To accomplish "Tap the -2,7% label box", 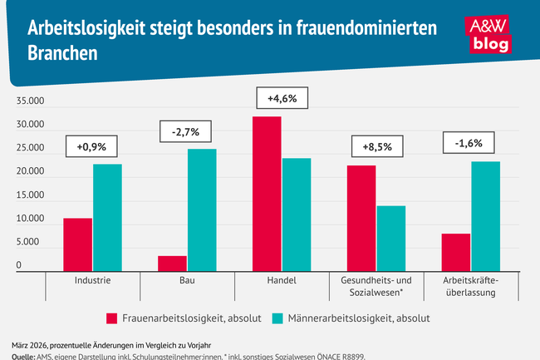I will [187, 131].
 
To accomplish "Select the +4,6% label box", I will [282, 99].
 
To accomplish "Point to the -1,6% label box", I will [470, 143].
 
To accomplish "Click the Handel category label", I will [282, 281].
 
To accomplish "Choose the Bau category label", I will [187, 281].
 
